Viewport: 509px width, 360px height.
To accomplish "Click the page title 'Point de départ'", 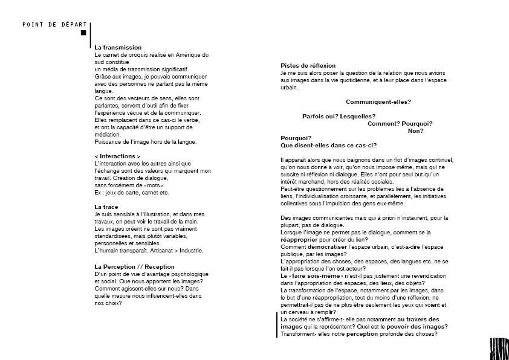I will click(x=54, y=24).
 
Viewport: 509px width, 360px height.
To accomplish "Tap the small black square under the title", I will click(x=84, y=33).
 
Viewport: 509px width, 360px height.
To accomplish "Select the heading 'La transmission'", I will click(x=118, y=47).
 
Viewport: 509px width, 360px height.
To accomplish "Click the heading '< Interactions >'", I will click(x=117, y=156).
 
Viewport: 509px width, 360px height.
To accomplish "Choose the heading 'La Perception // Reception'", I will click(x=134, y=266).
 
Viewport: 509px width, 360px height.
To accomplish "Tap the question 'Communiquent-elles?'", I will click(x=378, y=101).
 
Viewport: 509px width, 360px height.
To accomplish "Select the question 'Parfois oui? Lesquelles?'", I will click(x=339, y=117).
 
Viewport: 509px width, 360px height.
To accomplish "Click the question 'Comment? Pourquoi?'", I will click(x=400, y=124).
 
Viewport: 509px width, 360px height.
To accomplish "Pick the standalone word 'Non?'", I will click(x=415, y=130).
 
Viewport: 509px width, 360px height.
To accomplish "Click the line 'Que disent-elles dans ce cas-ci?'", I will click(x=328, y=145).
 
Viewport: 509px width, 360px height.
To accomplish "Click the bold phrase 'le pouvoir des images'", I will click(x=412, y=327).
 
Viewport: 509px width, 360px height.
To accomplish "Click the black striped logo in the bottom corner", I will click(x=499, y=349).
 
